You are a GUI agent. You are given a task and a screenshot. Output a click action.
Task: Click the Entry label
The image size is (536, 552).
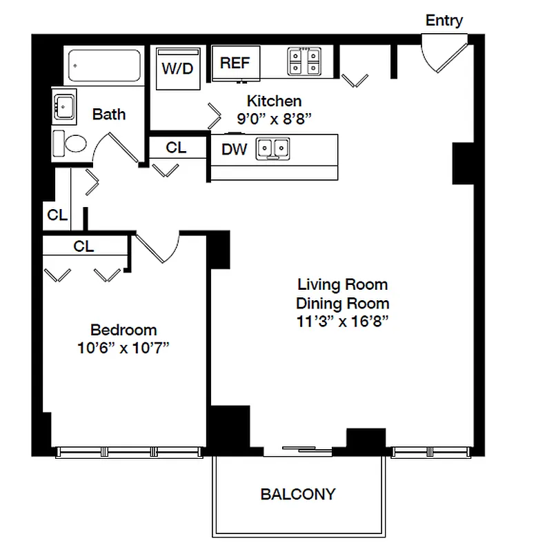[x=444, y=20]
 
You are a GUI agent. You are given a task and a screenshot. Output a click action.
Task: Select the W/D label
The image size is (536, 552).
[x=177, y=69]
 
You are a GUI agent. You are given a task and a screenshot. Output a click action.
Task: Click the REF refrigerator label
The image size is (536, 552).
[x=235, y=63]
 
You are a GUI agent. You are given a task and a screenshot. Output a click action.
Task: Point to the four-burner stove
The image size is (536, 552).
[x=304, y=61]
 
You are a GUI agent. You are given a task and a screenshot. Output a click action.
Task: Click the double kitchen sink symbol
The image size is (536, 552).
[x=273, y=148]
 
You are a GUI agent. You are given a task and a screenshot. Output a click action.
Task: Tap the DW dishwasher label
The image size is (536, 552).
[x=235, y=150]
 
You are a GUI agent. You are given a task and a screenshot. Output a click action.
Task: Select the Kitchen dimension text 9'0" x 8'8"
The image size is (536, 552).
[x=275, y=118]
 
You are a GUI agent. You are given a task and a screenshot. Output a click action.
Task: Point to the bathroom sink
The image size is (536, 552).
[x=64, y=107]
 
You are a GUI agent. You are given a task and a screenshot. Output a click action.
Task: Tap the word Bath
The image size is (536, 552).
[x=109, y=114]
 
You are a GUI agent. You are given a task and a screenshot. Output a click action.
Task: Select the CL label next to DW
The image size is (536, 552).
[x=176, y=147]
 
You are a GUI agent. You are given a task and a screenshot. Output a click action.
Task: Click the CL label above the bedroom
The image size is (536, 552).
[x=83, y=246]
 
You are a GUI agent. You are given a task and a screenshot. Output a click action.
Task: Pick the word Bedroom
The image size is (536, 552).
[x=123, y=330]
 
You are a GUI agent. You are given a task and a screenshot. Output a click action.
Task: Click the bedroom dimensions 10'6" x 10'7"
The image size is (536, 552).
[x=123, y=348]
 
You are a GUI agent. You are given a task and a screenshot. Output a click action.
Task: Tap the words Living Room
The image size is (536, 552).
[x=342, y=284]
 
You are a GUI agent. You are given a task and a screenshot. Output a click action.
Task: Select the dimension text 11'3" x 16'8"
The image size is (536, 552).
[x=343, y=321]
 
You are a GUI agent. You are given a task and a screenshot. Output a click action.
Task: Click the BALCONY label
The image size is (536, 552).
[x=298, y=494]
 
